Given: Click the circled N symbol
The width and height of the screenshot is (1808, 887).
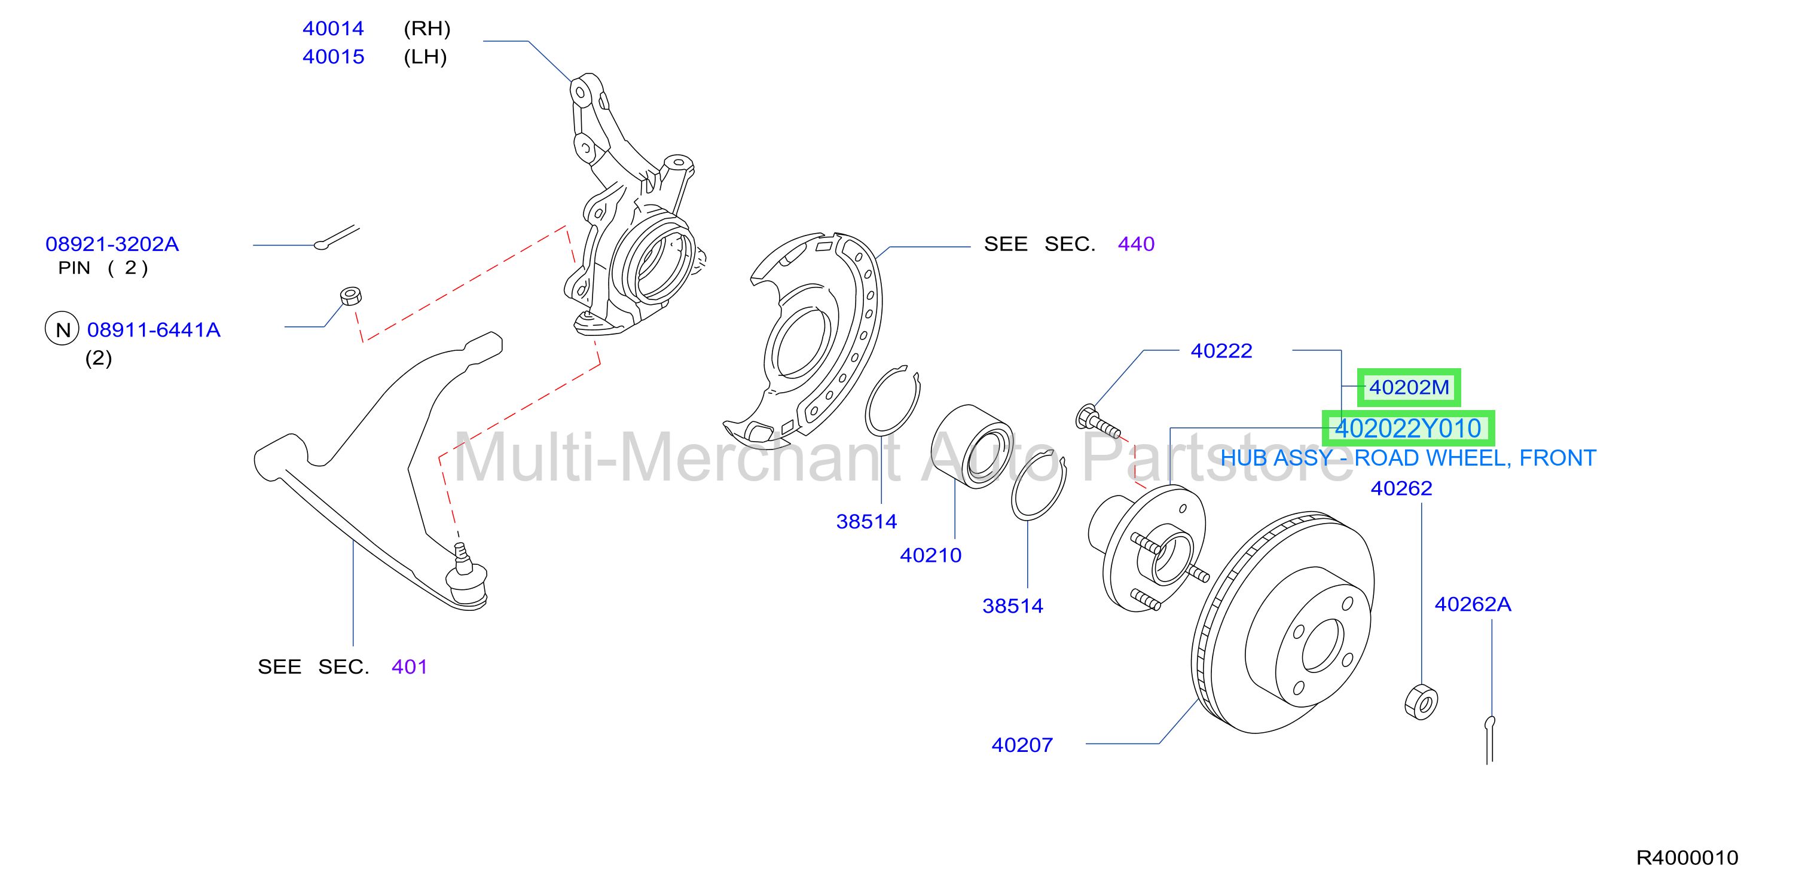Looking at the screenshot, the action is coord(62,329).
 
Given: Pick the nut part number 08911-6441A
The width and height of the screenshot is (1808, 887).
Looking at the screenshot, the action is coord(154,329).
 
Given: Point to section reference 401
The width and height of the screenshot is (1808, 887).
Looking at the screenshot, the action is coord(409,666).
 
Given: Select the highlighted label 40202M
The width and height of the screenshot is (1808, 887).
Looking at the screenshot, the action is coord(1409,387).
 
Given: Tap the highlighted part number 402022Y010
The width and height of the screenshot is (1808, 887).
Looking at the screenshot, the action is coord(1408,428).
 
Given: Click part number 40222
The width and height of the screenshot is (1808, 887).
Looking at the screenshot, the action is coord(1221,350).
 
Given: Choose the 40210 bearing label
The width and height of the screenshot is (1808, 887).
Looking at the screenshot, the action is coord(931,555).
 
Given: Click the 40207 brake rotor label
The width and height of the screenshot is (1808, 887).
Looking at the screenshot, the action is coord(1022,745).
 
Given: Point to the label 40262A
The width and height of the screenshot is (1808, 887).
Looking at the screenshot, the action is coord(1473,604).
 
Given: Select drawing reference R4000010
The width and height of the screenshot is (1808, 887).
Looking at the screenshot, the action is coord(1687,857).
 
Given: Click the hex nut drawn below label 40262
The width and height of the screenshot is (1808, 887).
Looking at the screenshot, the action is coord(1421,702).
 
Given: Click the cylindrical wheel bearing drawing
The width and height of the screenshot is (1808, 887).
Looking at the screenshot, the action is coord(973,446).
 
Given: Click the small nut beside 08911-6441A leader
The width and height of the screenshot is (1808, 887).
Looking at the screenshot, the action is coord(351,295).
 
